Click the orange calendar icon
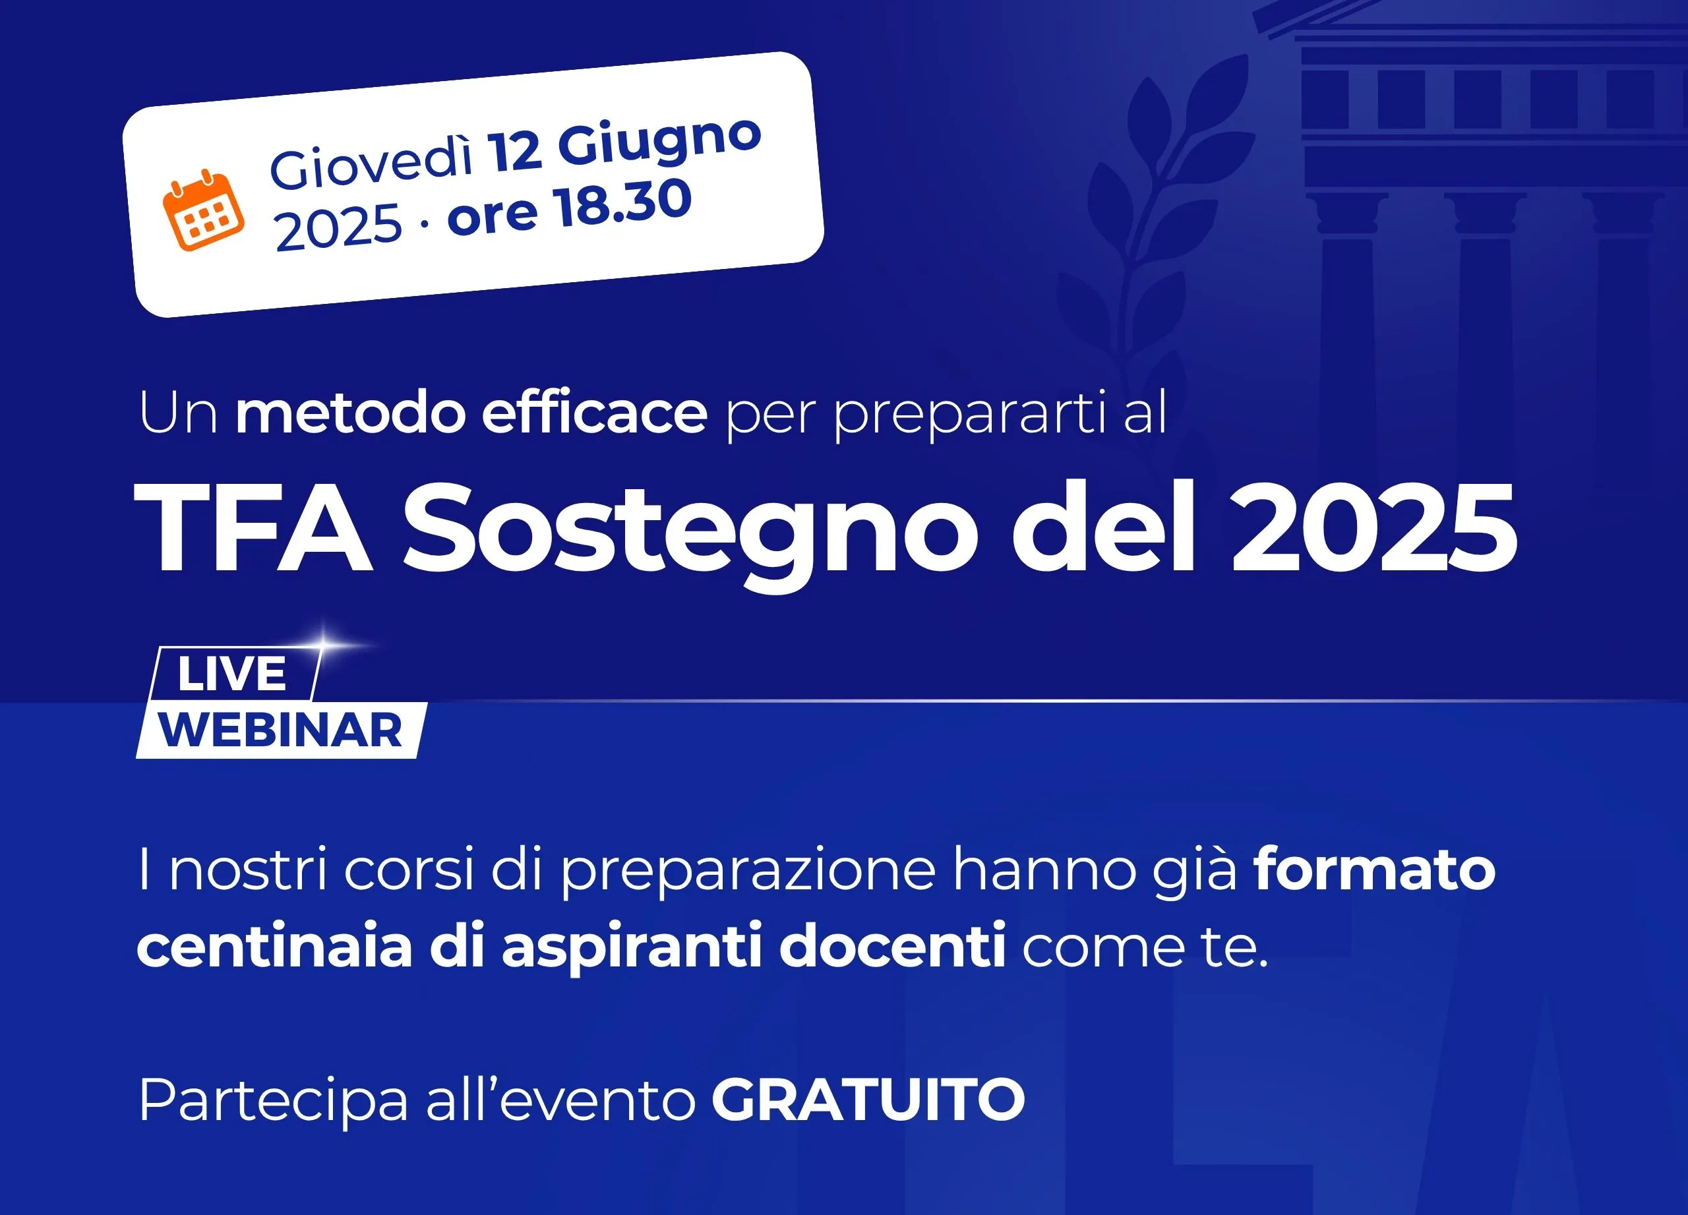(x=203, y=210)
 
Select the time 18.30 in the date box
(x=624, y=203)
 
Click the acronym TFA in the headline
(x=254, y=527)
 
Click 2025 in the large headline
(x=1374, y=527)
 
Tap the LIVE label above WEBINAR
(x=231, y=674)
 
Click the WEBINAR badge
(x=282, y=730)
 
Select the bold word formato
(x=1375, y=870)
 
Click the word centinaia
(x=274, y=945)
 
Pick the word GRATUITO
(x=868, y=1099)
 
